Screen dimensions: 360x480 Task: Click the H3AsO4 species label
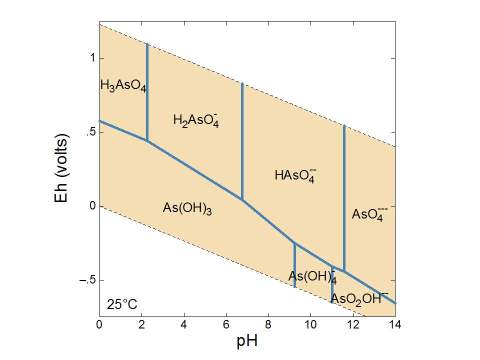(123, 85)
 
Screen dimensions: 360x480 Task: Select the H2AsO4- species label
(195, 120)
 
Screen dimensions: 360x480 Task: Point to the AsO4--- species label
(369, 214)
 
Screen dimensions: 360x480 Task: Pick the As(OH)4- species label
(312, 276)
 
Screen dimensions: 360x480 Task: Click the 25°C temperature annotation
(122, 304)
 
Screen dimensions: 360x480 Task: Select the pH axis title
(247, 342)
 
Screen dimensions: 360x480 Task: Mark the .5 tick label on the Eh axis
(89, 132)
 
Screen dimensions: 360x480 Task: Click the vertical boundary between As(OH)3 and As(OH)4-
(294, 265)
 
